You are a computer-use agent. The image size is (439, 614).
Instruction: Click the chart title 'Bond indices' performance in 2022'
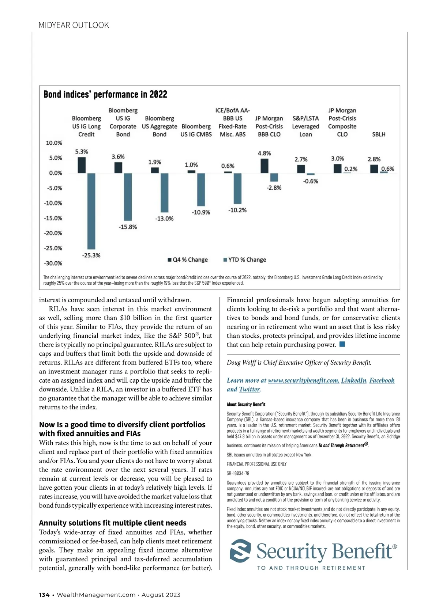tap(105, 94)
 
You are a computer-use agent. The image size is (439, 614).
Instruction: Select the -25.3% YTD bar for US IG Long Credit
tap(91, 211)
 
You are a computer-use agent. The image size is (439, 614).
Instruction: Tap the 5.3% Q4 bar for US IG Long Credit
tap(82, 165)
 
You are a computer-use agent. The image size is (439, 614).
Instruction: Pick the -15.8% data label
tap(128, 227)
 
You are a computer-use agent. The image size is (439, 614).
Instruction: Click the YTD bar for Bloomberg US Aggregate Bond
tap(164, 193)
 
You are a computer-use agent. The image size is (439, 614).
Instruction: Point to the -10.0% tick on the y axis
tap(53, 203)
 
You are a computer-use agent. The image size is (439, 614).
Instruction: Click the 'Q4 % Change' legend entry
tap(188, 260)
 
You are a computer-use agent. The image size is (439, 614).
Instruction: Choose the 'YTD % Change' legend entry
tap(245, 260)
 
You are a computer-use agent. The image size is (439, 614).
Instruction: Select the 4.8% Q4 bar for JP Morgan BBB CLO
tap(264, 166)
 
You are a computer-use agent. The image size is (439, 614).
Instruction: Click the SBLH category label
tap(379, 134)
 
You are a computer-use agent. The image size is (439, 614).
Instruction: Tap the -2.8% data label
tap(274, 188)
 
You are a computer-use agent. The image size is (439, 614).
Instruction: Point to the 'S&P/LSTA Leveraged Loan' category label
tap(305, 126)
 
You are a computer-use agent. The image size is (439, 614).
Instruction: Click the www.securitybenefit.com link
tap(303, 380)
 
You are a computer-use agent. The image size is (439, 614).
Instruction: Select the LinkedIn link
tap(353, 380)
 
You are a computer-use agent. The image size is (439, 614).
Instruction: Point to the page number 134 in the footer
tap(44, 595)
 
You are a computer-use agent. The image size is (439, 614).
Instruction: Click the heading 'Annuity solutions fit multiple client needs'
tap(113, 523)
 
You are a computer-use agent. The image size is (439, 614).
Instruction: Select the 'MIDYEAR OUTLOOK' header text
tap(74, 25)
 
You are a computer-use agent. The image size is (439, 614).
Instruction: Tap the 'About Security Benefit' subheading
tap(246, 405)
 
